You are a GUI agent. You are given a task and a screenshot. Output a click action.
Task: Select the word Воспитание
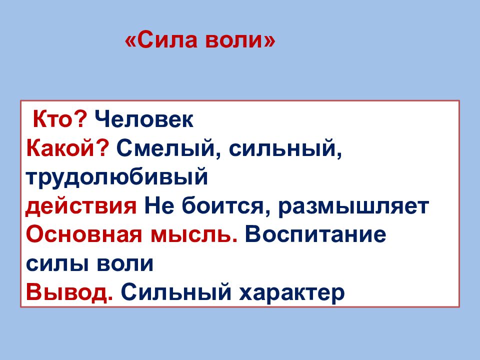point(315,234)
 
